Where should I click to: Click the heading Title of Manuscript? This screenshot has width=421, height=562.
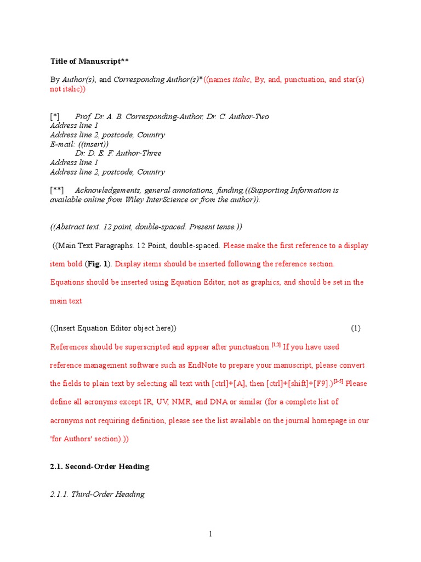90,61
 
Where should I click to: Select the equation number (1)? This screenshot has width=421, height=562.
356,328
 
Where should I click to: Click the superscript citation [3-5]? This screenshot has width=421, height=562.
337,381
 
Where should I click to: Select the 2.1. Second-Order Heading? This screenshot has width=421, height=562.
100,467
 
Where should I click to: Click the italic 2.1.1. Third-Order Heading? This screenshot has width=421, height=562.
98,494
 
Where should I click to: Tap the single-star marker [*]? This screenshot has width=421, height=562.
55,117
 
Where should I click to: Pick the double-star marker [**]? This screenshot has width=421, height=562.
57,190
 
